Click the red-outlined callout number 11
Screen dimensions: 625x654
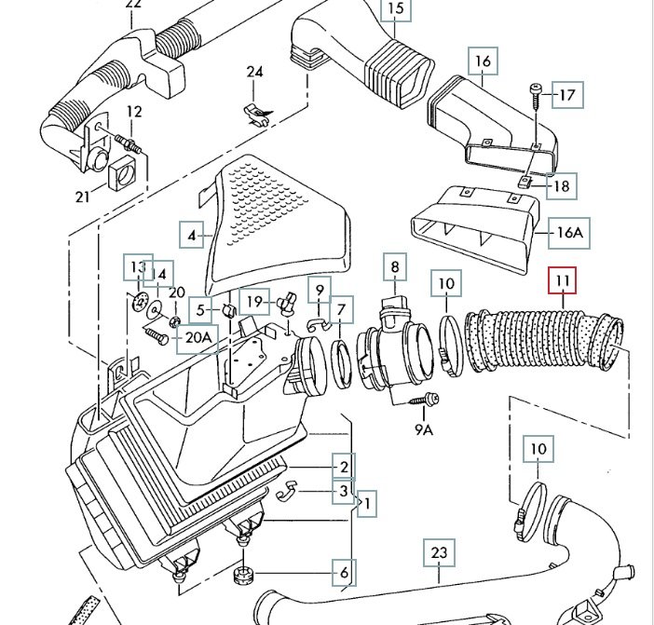pos(562,280)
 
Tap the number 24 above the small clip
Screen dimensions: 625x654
pos(255,73)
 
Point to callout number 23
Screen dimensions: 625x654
pos(440,553)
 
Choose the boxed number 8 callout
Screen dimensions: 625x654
pos(395,267)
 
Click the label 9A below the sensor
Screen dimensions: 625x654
pos(424,429)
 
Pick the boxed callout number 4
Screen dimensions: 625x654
pos(192,236)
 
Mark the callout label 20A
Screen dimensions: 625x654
pos(198,338)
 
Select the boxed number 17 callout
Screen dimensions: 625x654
pos(567,94)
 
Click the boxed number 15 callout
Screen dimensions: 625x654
pos(396,11)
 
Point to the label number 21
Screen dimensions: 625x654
pos(83,196)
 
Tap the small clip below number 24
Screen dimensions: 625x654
pos(255,111)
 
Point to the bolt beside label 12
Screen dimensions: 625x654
pos(129,143)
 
